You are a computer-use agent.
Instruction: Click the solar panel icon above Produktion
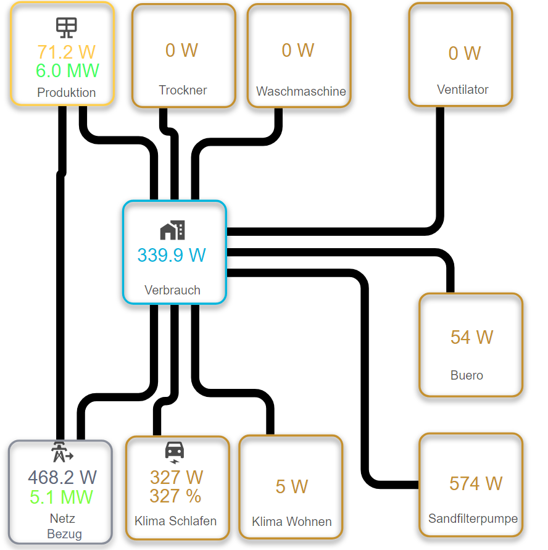point(67,27)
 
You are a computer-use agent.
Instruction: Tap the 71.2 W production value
point(67,52)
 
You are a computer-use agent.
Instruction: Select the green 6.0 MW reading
point(67,71)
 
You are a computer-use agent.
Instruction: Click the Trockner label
point(183,90)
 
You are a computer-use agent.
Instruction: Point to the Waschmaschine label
point(301,91)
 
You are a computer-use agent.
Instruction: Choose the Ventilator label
point(462,90)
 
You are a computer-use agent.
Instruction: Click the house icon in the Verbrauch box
point(172,230)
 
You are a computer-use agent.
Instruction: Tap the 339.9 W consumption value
point(172,255)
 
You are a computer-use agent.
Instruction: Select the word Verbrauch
point(172,290)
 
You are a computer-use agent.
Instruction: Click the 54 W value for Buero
point(471,337)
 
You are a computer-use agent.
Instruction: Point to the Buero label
point(467,375)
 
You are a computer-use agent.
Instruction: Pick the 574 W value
point(475,483)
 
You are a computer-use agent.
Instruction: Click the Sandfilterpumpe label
point(473,519)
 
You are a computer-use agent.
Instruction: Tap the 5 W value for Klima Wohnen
point(291,486)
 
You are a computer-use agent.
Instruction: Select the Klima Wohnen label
point(291,522)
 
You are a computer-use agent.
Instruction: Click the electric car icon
point(175,451)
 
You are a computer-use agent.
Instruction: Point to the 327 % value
point(175,496)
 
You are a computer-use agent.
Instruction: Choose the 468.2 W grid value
point(62,477)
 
